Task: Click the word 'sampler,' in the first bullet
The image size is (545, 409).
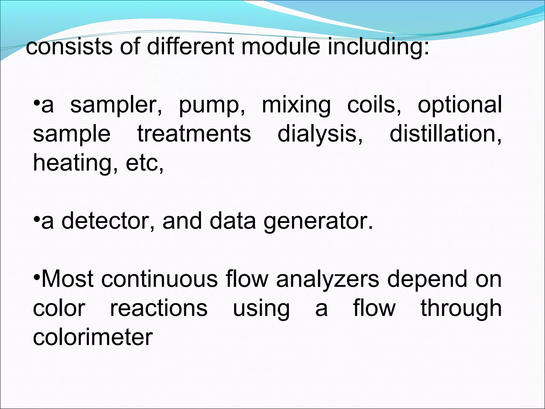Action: coord(116,106)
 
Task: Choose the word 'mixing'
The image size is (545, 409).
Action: coord(296,106)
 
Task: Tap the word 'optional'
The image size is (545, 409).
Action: coord(460,106)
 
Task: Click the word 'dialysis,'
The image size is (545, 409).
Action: coord(320,134)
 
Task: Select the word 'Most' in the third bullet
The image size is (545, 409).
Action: coord(68,279)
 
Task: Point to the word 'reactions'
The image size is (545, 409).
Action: coord(159,308)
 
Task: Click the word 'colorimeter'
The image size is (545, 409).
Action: coord(93,337)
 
